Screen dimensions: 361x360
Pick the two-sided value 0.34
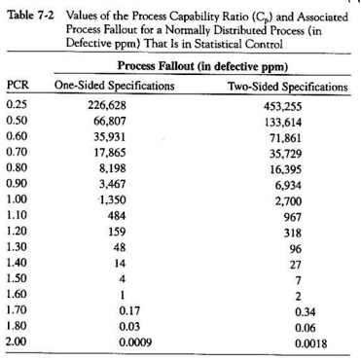click(x=292, y=310)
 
